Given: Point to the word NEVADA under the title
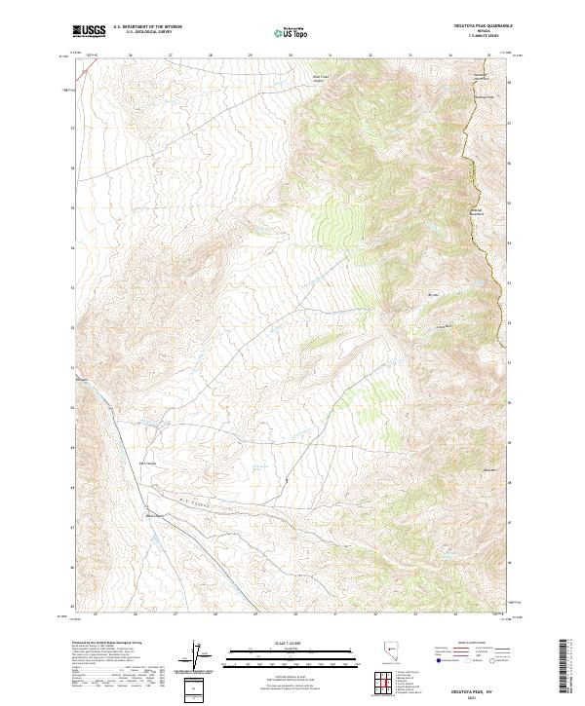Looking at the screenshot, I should click(492, 32).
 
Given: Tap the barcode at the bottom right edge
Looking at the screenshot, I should click(565, 666).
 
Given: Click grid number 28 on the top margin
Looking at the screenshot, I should click(211, 55).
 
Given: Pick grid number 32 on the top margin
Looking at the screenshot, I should click(371, 55).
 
